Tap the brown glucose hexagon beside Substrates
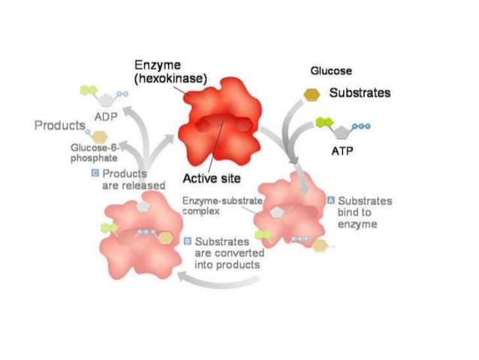[x=311, y=94]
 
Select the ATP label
[x=342, y=150]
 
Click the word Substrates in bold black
[x=360, y=94]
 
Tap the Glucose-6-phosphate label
[x=93, y=153]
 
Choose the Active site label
[x=212, y=179]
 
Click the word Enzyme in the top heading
[x=155, y=67]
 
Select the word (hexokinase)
[x=170, y=79]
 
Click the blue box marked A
[x=330, y=201]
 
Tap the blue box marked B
[x=188, y=242]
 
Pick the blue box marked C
[x=95, y=174]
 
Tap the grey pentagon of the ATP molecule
[x=342, y=131]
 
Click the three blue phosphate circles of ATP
[x=361, y=127]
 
